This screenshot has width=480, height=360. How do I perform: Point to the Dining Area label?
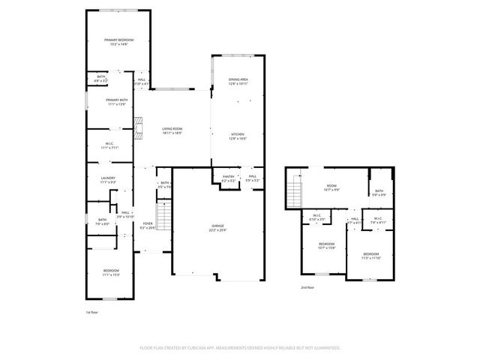click(238, 79)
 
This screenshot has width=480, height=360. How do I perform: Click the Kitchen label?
click(237, 135)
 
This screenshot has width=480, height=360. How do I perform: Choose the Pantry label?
click(228, 178)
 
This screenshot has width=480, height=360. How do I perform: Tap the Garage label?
click(217, 226)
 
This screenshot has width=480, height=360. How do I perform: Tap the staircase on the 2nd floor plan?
click(295, 192)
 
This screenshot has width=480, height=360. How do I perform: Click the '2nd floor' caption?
click(307, 286)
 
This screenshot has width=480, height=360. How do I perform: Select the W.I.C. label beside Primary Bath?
click(109, 145)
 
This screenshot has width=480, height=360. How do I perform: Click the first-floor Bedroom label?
click(111, 271)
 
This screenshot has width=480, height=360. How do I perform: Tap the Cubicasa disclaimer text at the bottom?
click(240, 348)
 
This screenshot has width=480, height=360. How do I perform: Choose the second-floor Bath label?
click(379, 192)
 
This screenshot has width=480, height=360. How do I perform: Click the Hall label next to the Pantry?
click(253, 178)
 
